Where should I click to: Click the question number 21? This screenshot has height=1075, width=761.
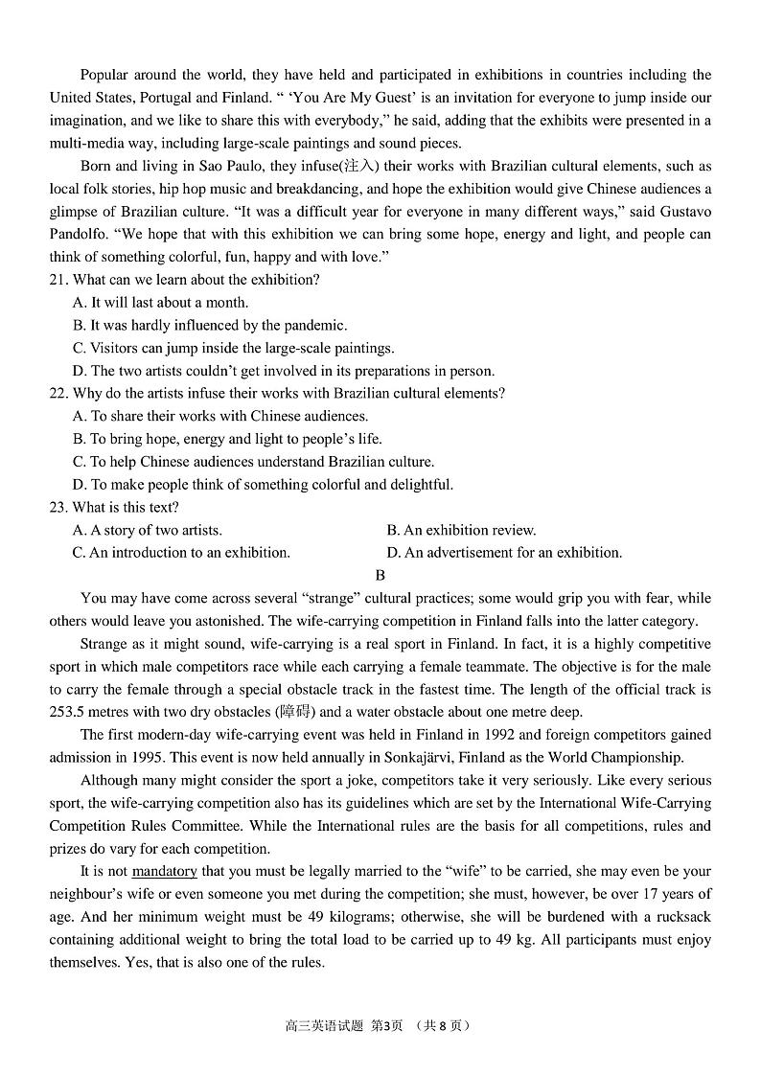58,280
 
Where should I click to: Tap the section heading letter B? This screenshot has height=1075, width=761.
380,576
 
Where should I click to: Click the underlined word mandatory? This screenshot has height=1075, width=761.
164,871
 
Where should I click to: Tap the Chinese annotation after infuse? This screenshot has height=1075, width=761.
360,167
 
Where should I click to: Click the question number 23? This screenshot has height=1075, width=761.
58,508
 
